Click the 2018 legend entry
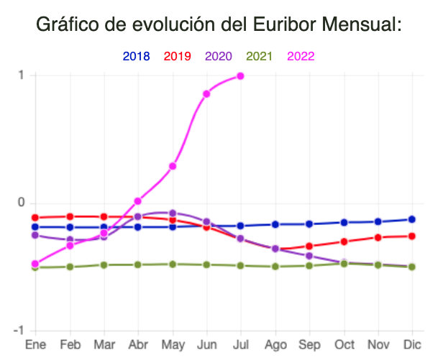[137, 56]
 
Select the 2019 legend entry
[178, 56]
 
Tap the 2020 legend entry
[219, 56]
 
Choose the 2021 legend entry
[260, 56]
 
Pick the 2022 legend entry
[301, 56]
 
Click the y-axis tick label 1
[22, 75]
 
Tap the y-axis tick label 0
[22, 203]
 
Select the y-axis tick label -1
[19, 330]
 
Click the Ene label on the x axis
[35, 344]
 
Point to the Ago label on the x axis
[275, 344]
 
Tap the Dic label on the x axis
[412, 344]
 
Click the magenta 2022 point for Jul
[240, 75]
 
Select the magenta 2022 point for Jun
[206, 93]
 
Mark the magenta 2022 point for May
[173, 166]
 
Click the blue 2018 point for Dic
[412, 219]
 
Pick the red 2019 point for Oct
[344, 241]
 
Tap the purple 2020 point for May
[173, 213]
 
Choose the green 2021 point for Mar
[104, 264]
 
